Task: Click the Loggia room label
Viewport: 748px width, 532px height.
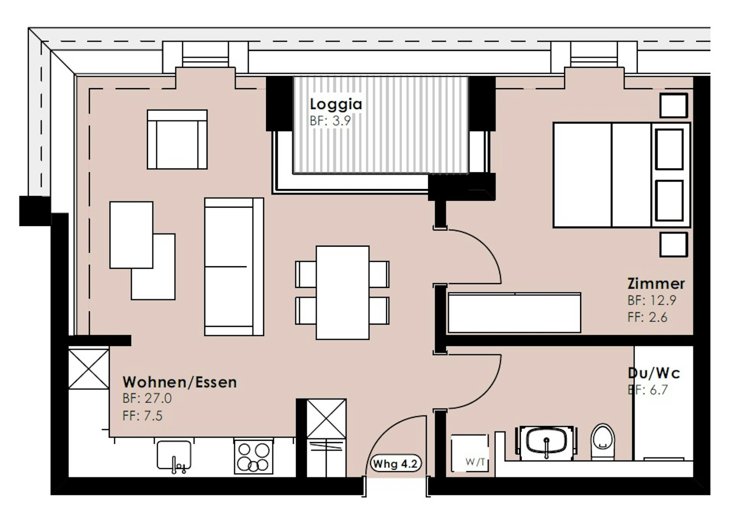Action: tap(336, 104)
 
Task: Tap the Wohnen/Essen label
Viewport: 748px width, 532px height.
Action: tap(180, 382)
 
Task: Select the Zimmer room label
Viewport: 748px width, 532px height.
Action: tap(656, 283)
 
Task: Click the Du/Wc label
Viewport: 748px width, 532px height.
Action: tap(654, 373)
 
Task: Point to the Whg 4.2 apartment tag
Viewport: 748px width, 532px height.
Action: tap(395, 464)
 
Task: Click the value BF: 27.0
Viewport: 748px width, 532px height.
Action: tap(147, 398)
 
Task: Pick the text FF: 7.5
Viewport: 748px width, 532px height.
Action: tap(142, 416)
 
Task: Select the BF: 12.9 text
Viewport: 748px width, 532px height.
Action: tap(652, 300)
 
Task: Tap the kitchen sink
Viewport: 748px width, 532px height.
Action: tap(174, 456)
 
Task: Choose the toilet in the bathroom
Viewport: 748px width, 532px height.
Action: tap(602, 441)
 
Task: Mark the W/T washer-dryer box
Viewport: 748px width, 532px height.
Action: tap(469, 453)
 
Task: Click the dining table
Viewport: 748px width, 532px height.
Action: tap(342, 292)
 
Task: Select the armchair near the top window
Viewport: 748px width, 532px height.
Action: tap(177, 140)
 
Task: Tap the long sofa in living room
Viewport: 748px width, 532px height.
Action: tap(234, 267)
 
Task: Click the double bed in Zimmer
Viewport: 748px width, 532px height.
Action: tap(622, 175)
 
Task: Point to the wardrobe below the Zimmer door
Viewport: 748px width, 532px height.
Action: tap(514, 313)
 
